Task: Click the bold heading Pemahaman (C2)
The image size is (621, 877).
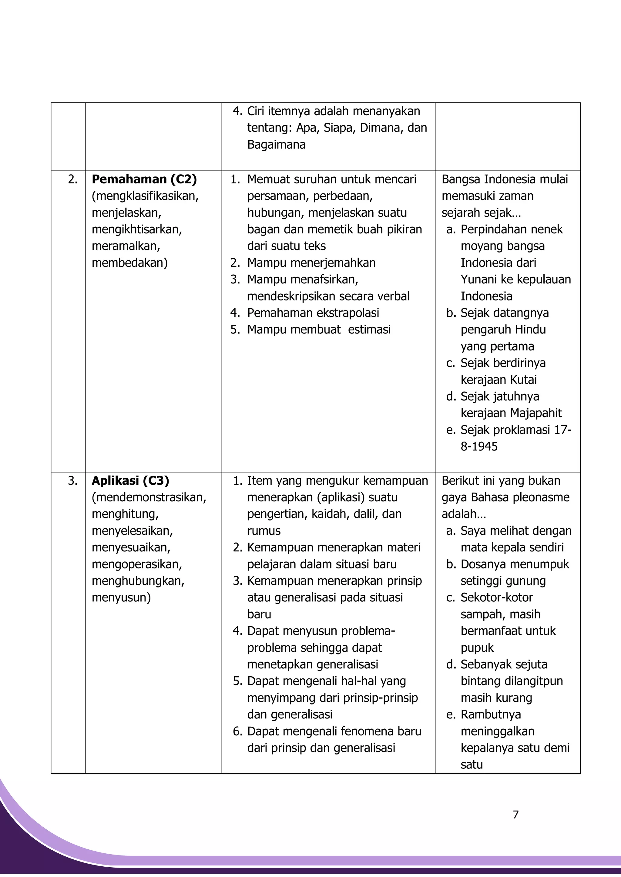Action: pos(144,179)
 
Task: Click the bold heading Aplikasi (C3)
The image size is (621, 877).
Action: pos(130,480)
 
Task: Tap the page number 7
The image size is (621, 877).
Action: pos(515,815)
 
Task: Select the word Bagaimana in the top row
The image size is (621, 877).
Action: pos(276,145)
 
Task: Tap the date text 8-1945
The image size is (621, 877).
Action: pos(479,447)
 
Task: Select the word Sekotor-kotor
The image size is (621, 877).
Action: pos(496,597)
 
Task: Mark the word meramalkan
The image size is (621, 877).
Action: pos(126,246)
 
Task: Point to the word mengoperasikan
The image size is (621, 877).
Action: pos(136,564)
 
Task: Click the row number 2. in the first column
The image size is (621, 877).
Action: pos(73,179)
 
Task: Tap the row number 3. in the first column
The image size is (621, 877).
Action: pos(73,481)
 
